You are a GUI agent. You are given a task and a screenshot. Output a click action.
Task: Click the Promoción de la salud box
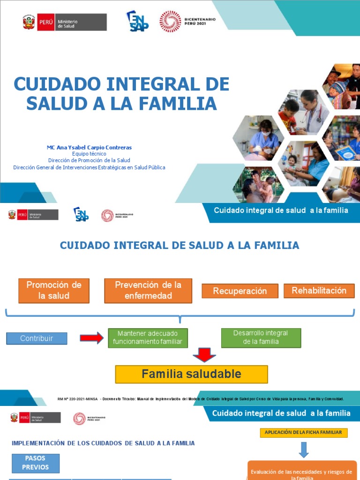click(54, 290)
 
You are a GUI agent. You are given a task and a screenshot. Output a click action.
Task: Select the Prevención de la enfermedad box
click(148, 290)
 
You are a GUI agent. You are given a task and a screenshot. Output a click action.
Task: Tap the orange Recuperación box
click(240, 291)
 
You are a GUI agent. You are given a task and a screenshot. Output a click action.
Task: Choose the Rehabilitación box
click(319, 291)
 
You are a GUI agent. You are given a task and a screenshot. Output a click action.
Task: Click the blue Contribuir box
click(37, 338)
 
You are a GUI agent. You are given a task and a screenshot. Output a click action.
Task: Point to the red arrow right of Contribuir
click(91, 337)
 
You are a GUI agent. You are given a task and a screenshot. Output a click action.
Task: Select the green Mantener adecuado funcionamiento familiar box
click(148, 337)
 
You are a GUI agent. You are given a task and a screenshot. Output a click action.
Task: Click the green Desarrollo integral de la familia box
click(261, 337)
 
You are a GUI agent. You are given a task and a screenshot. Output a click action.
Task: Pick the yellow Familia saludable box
click(191, 374)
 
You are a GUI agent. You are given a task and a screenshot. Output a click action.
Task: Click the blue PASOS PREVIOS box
click(36, 462)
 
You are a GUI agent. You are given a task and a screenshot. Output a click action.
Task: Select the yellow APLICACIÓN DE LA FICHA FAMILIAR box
click(304, 432)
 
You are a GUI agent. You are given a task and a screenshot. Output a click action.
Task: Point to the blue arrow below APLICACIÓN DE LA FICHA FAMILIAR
click(304, 450)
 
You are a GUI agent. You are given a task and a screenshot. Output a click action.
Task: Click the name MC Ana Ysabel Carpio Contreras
click(89, 147)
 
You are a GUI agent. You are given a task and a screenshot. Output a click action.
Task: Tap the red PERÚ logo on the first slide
click(45, 22)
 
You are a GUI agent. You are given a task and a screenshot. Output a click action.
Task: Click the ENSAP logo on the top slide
click(137, 21)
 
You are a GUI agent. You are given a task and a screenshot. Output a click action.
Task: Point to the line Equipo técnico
click(89, 154)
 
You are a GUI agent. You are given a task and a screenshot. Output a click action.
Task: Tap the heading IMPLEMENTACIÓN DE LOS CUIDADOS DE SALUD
click(103, 443)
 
